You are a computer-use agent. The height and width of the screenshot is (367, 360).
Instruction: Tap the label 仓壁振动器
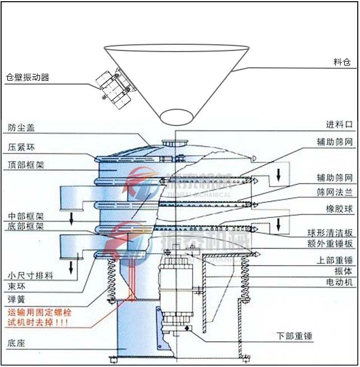27,77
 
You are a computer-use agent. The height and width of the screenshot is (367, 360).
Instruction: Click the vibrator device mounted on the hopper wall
116,86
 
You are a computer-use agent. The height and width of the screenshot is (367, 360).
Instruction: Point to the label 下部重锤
294,336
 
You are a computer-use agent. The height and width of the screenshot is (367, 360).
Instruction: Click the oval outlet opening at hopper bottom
176,117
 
